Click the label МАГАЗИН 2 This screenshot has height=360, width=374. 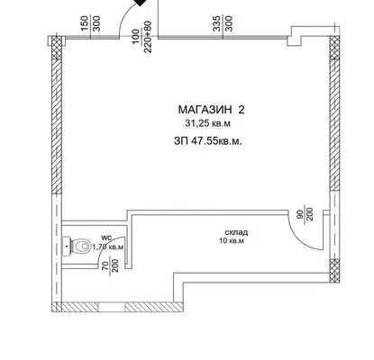pyautogui.click(x=211, y=110)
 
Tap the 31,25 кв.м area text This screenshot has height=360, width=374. pyautogui.click(x=208, y=123)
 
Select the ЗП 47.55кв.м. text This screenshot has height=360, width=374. pyautogui.click(x=208, y=141)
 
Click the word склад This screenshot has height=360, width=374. pyautogui.click(x=236, y=232)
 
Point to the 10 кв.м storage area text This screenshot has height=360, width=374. pyautogui.click(x=232, y=240)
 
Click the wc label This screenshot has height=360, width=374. pyautogui.click(x=106, y=238)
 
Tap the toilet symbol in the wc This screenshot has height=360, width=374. pyautogui.click(x=77, y=247)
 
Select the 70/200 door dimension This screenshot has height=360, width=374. pyautogui.click(x=110, y=265)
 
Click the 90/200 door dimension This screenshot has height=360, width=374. pyautogui.click(x=306, y=213)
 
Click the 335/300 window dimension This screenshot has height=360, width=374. pyautogui.click(x=223, y=23)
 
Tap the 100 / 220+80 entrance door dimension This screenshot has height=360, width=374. pyautogui.click(x=141, y=36)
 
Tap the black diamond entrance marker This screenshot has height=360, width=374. pyautogui.click(x=140, y=2)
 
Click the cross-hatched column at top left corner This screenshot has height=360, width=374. pyautogui.click(x=56, y=48)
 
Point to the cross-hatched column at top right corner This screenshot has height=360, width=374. pyautogui.click(x=334, y=48)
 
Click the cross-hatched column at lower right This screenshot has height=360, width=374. pyautogui.click(x=334, y=271)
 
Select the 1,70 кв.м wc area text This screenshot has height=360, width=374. pyautogui.click(x=108, y=247)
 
